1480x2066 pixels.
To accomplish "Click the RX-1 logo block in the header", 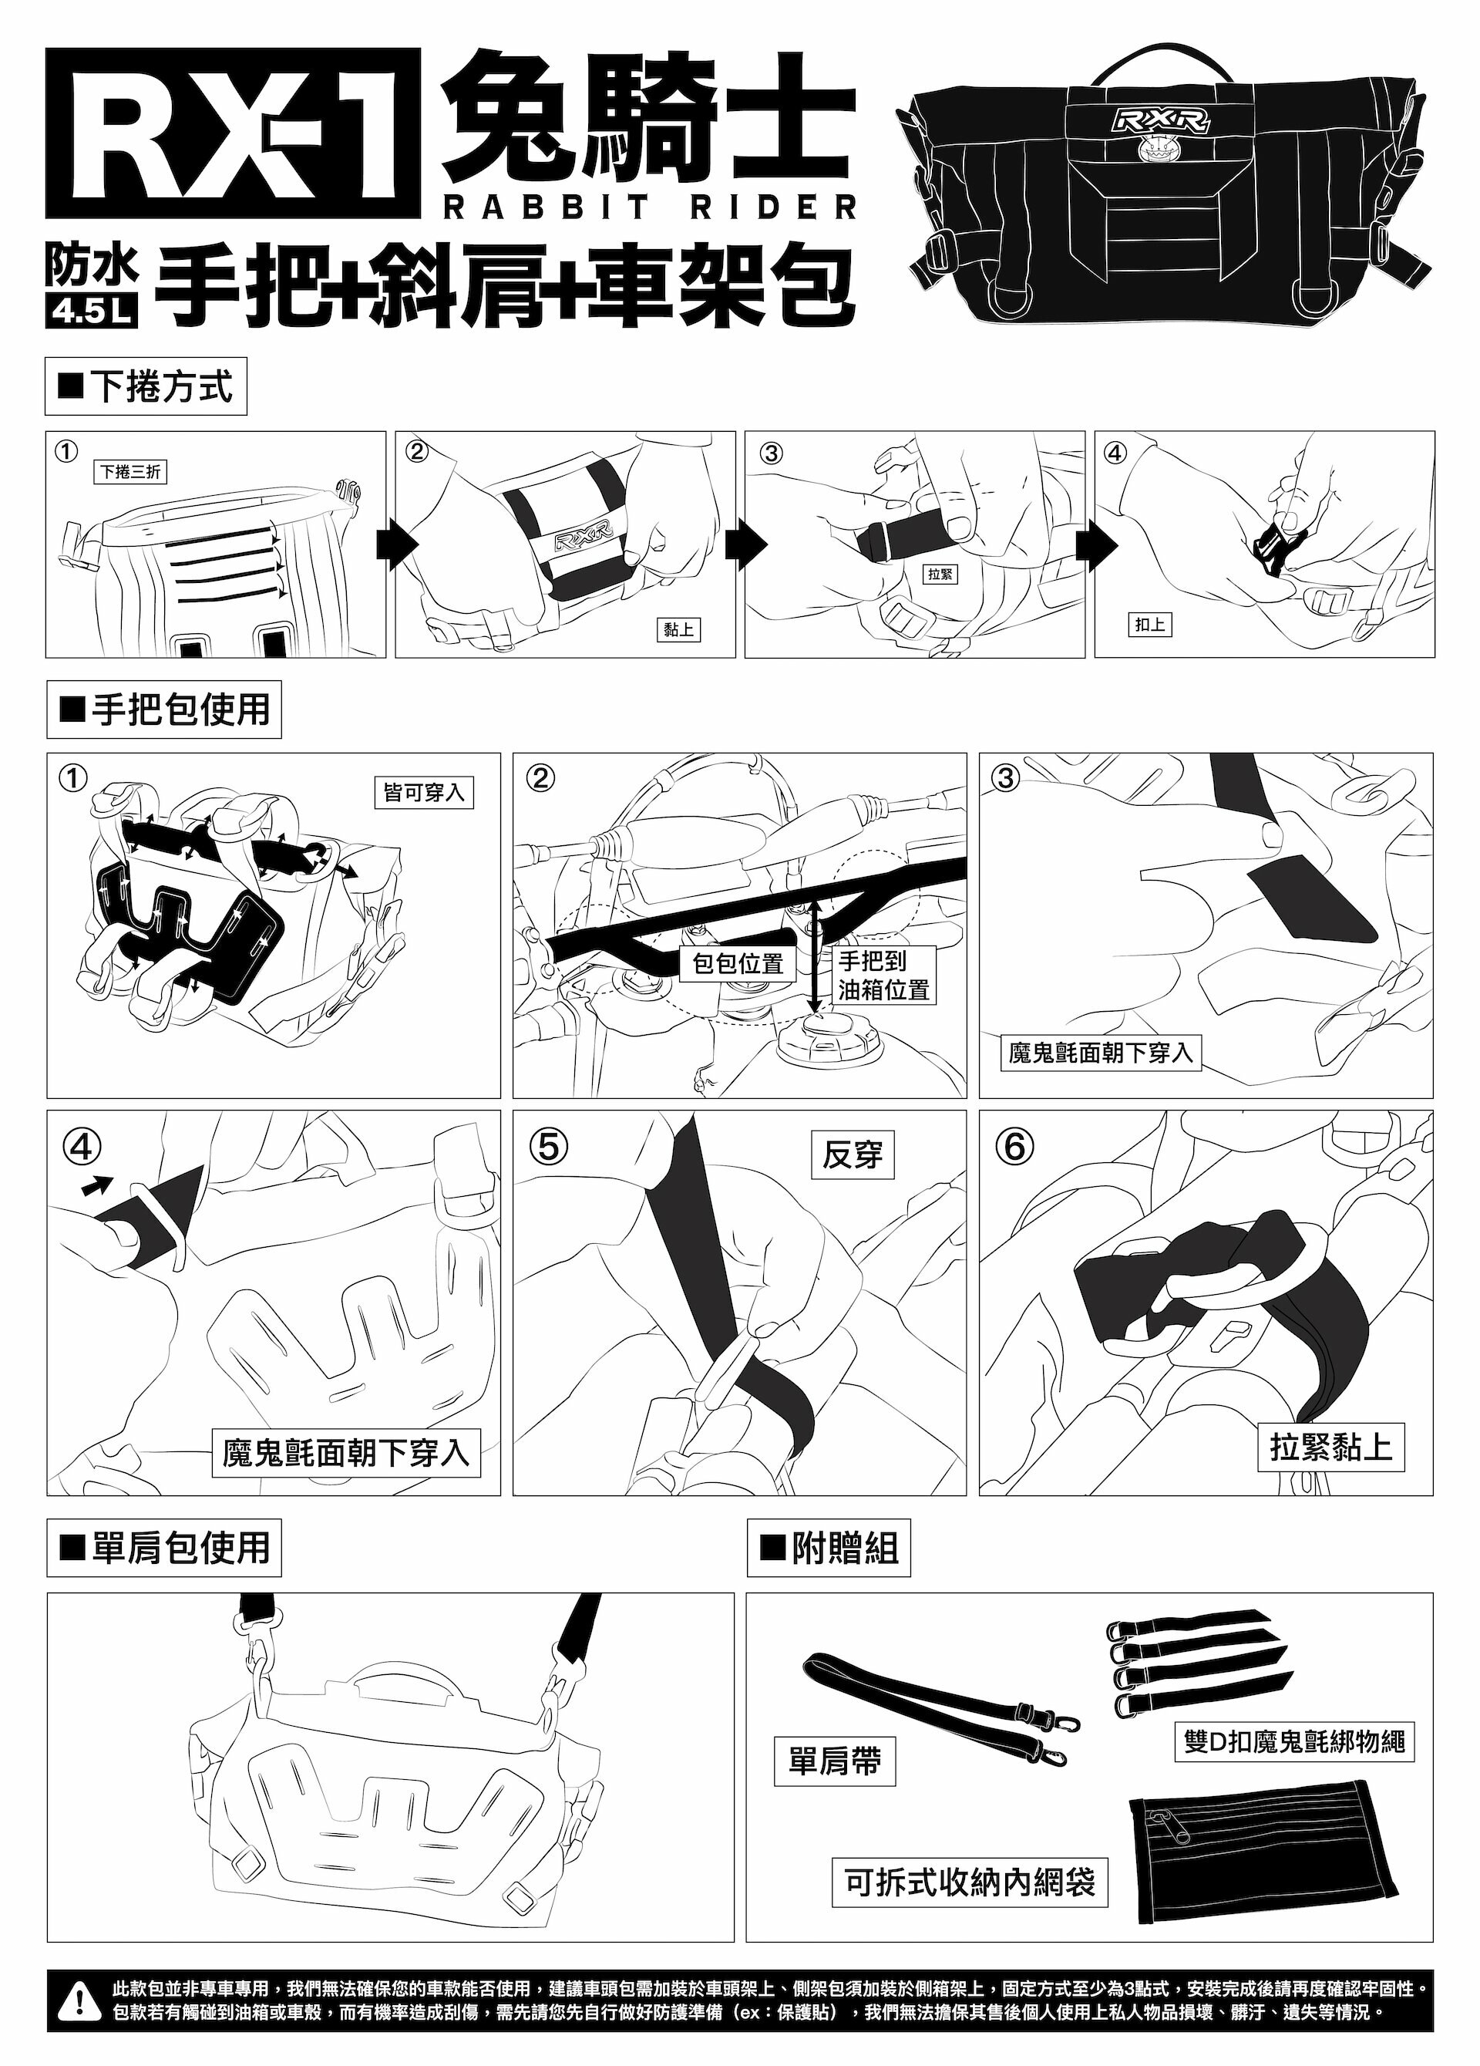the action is (x=233, y=137).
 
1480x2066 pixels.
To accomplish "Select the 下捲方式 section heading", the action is (x=146, y=387).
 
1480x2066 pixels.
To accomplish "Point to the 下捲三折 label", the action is (x=131, y=472).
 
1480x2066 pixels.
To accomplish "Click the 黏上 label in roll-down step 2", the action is (x=678, y=629).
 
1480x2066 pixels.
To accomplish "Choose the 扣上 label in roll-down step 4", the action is (x=1149, y=624).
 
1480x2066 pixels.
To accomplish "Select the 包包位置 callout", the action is (x=738, y=963).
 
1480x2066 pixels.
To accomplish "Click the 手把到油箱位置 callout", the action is (x=883, y=975).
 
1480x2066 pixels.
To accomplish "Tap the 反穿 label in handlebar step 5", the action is (x=853, y=1155).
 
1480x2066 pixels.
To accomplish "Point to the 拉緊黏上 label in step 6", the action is (x=1331, y=1447).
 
